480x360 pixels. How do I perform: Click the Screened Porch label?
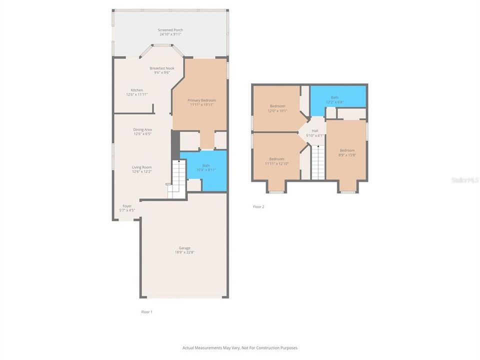(x=170, y=30)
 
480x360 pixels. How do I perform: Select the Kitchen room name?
(x=137, y=90)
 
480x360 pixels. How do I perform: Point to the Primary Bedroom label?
(x=202, y=100)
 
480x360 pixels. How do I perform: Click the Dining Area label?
(x=142, y=129)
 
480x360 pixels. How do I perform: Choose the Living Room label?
(x=142, y=167)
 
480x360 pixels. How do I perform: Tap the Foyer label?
(x=127, y=206)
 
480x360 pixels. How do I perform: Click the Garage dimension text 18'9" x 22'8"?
(x=184, y=252)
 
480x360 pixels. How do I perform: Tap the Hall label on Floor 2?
(x=315, y=131)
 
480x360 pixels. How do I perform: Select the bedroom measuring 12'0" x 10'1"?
(x=277, y=108)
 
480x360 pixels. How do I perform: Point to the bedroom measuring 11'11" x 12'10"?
(x=276, y=161)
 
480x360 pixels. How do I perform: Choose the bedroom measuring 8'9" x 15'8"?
(x=347, y=152)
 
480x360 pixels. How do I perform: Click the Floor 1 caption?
(x=146, y=311)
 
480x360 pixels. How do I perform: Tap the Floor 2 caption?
(x=258, y=206)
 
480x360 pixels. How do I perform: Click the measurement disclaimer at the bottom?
(x=240, y=347)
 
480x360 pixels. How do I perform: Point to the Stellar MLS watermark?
(x=464, y=179)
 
